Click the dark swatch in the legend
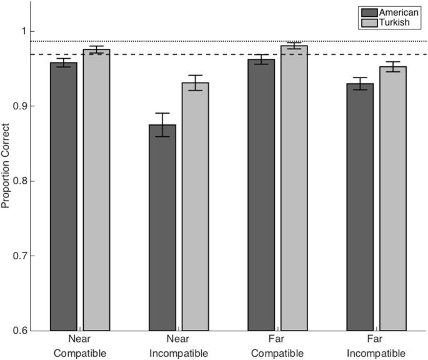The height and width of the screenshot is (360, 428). click(x=368, y=12)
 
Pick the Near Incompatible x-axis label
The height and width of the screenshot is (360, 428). click(x=179, y=346)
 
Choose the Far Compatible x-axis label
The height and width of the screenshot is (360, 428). click(x=277, y=346)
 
